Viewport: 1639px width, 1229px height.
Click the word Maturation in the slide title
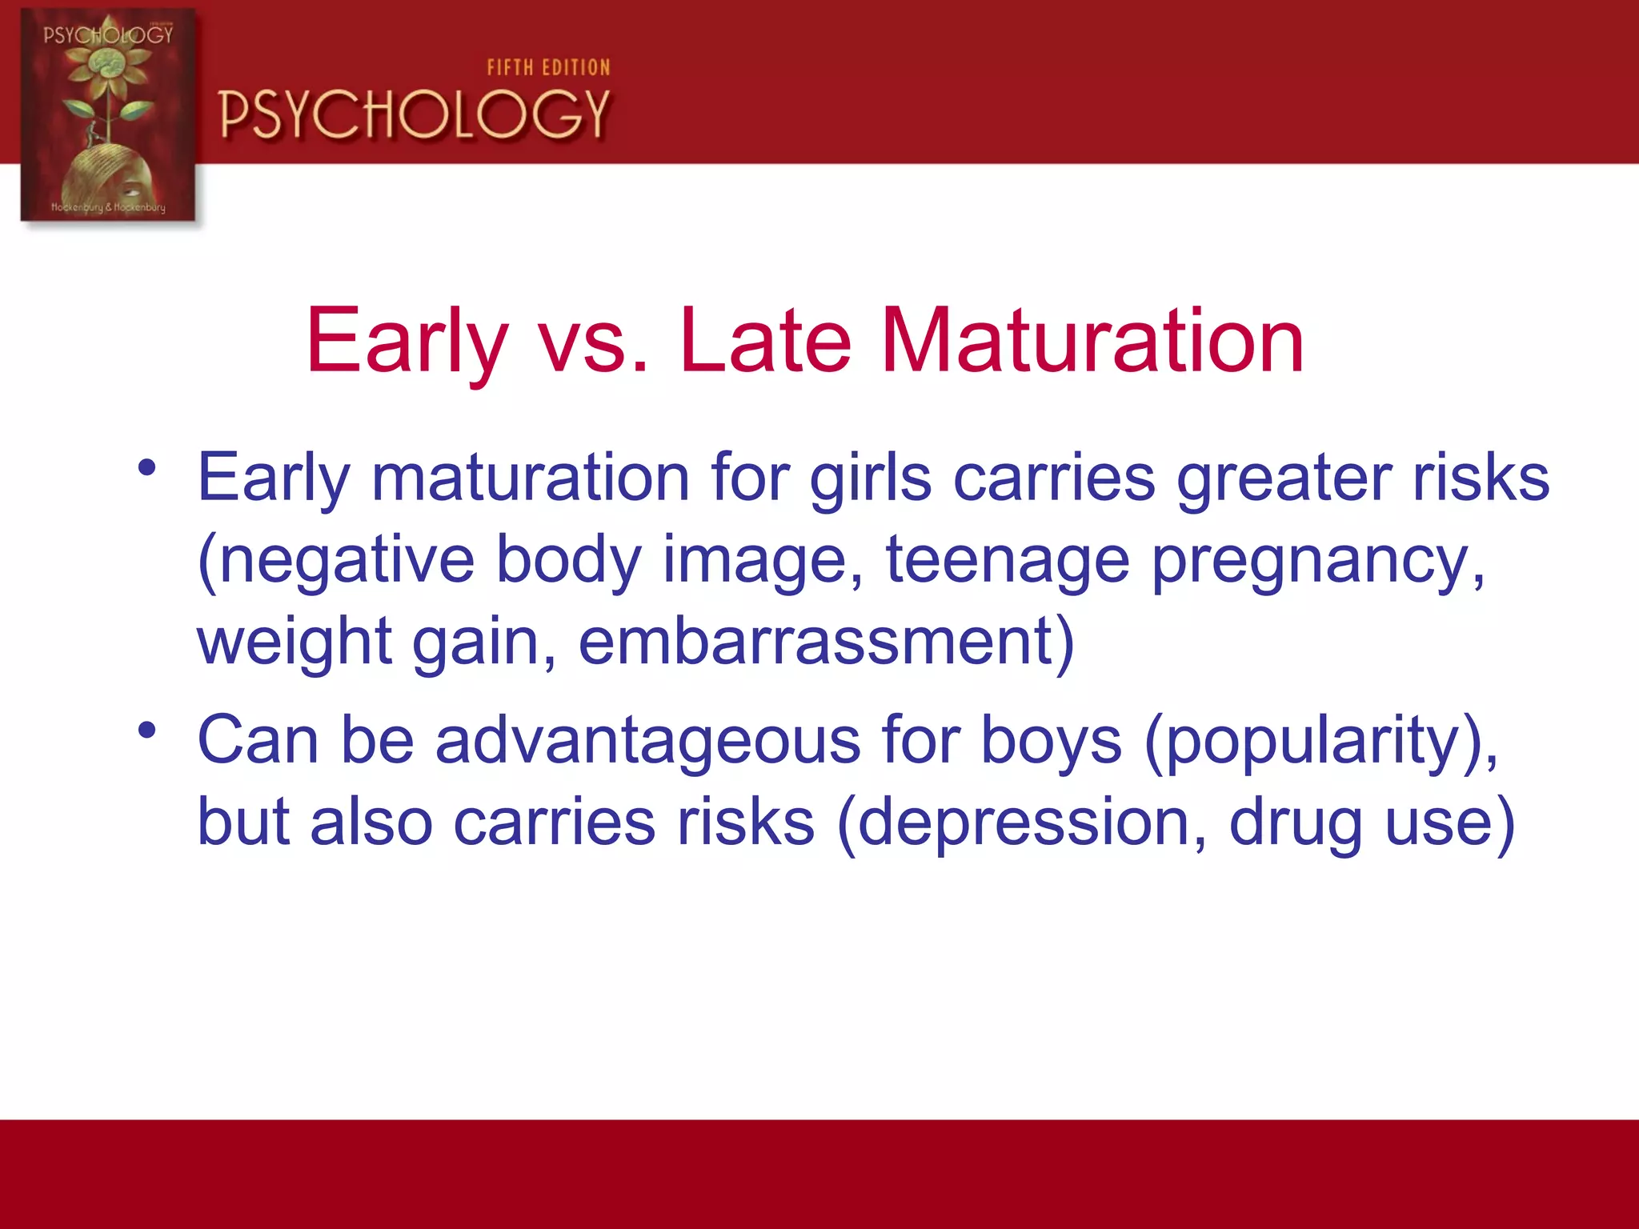[x=1092, y=342]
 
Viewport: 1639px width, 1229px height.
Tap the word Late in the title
[x=764, y=342]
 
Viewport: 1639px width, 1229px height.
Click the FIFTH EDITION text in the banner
[x=549, y=68]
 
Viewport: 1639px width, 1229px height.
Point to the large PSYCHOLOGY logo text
[x=415, y=114]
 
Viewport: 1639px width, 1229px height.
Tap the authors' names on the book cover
[x=108, y=207]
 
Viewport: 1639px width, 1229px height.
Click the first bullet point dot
[x=146, y=467]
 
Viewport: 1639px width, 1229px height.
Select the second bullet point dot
[x=146, y=730]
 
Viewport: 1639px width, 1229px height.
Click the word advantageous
[x=647, y=741]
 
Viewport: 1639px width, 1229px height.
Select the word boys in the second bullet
[x=1051, y=741]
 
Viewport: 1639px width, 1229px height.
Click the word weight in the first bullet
[x=294, y=643]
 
